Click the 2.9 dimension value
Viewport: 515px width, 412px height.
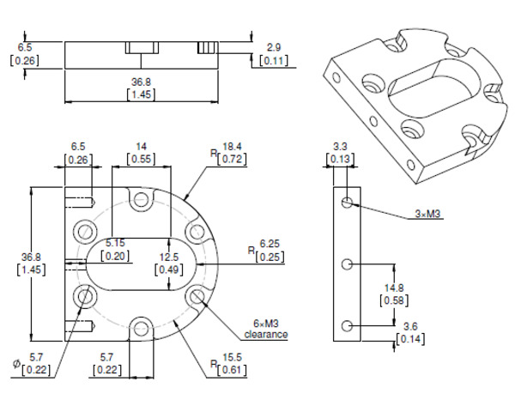[x=274, y=46]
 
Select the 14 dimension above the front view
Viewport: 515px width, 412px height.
[x=141, y=146]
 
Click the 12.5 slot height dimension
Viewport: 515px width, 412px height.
[x=167, y=257]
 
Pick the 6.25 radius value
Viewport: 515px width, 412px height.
[x=269, y=245]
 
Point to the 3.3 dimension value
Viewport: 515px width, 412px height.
[x=340, y=146]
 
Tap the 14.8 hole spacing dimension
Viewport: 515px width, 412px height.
[x=393, y=288]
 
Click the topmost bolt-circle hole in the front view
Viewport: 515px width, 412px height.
[x=141, y=203]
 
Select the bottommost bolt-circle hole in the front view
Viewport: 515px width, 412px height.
[x=141, y=326]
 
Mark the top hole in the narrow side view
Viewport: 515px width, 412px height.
[x=347, y=203]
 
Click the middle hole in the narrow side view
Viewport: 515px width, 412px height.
[x=347, y=264]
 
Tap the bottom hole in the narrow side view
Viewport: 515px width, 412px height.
[x=347, y=325]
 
